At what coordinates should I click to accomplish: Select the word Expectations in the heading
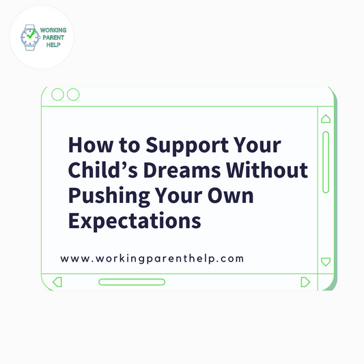click(135, 221)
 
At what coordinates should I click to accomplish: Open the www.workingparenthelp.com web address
click(152, 259)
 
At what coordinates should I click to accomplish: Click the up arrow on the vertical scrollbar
click(326, 119)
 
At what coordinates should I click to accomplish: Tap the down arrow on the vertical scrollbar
click(326, 261)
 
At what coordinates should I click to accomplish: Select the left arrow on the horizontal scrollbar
click(57, 281)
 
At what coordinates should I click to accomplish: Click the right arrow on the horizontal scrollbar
click(305, 281)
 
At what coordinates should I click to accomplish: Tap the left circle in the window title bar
click(58, 94)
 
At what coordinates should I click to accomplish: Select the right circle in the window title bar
click(73, 94)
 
